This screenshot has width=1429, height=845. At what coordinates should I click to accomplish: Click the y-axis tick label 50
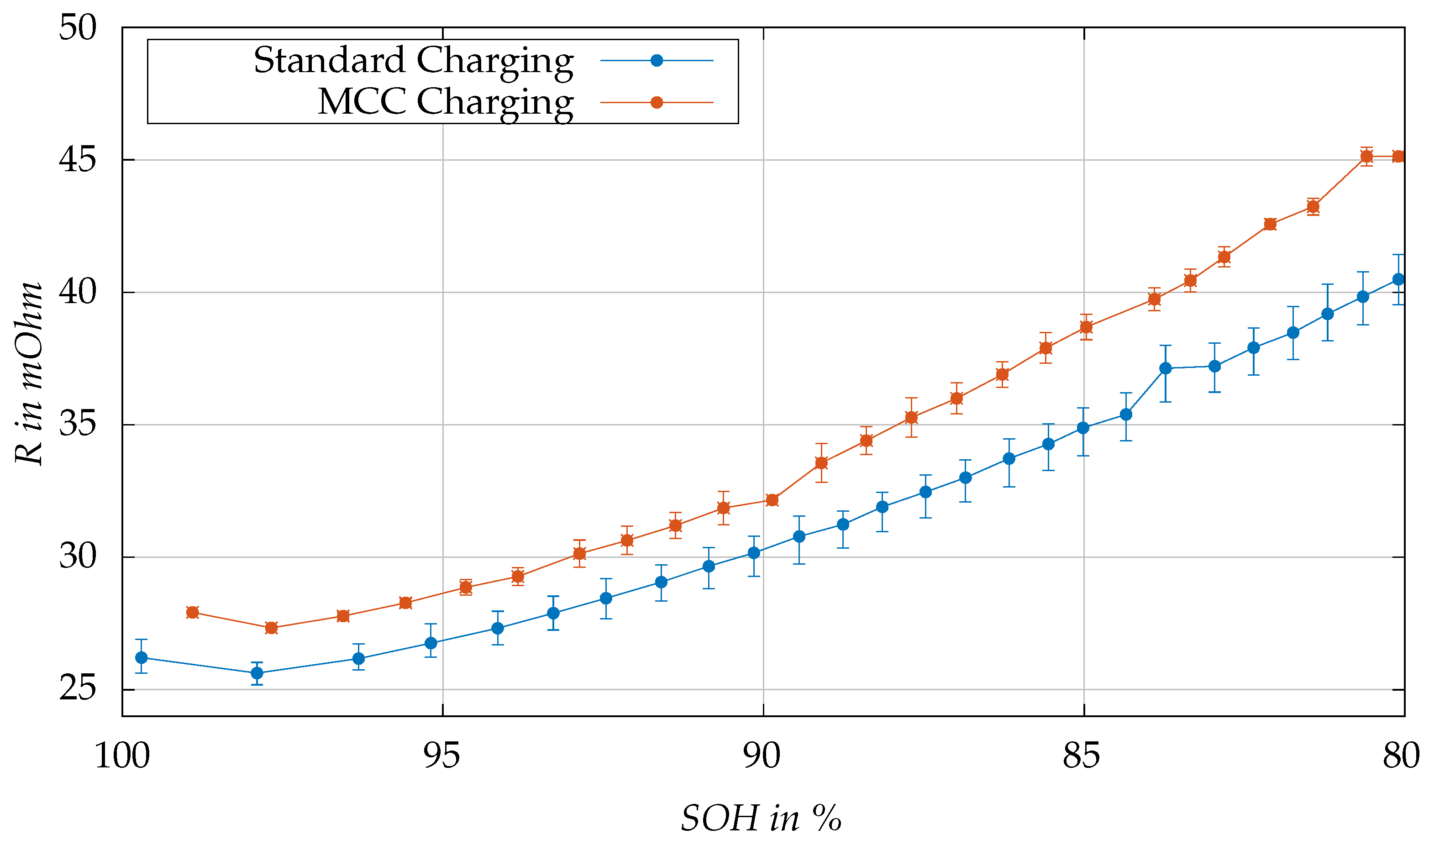click(78, 27)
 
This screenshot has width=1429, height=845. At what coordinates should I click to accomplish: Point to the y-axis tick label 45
click(78, 159)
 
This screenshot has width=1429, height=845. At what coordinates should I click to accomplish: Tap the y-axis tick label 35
click(78, 424)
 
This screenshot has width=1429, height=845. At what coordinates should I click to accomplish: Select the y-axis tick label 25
click(78, 688)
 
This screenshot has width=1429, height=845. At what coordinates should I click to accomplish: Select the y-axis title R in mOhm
click(28, 373)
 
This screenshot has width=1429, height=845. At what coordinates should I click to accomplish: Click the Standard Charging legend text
click(413, 61)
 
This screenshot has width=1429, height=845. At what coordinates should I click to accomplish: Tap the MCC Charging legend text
click(445, 103)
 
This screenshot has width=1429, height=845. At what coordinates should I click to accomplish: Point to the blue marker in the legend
click(657, 60)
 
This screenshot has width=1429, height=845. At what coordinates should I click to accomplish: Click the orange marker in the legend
click(657, 103)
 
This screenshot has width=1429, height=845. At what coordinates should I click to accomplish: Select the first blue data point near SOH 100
click(141, 658)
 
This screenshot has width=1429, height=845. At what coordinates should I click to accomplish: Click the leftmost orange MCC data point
click(192, 612)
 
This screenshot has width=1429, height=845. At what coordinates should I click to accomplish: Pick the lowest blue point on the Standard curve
click(257, 673)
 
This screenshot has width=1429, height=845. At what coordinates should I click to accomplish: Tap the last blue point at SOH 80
click(1398, 279)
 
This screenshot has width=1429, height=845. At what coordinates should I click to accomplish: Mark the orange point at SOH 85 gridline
click(1086, 327)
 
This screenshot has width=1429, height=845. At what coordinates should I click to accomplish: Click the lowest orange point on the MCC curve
click(271, 628)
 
